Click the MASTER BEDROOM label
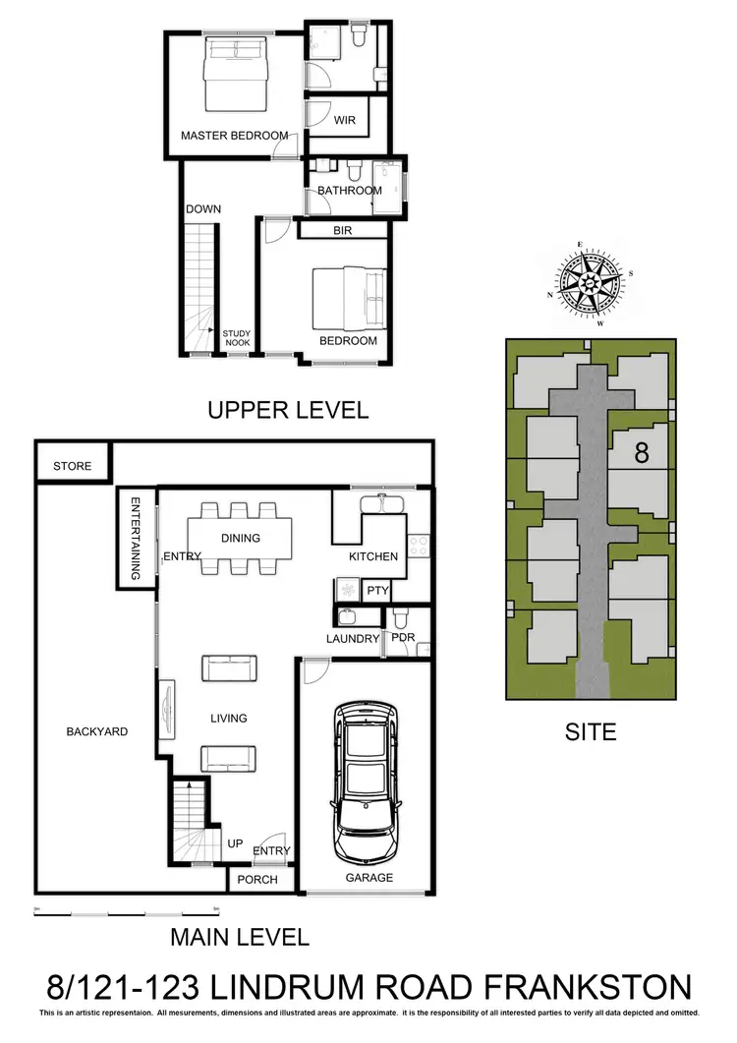tap(234, 136)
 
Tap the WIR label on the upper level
tap(344, 121)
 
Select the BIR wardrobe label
tap(343, 230)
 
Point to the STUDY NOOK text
tap(236, 339)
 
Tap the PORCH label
tap(257, 880)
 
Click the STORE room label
tap(72, 466)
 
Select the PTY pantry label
tap(377, 591)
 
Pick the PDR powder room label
tap(403, 638)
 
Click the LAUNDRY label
tap(353, 639)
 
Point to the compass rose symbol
tap(588, 283)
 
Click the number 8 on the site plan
tap(642, 453)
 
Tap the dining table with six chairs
tap(242, 538)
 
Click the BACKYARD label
tap(96, 731)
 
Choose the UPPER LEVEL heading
tap(288, 410)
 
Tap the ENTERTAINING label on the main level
tap(138, 537)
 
